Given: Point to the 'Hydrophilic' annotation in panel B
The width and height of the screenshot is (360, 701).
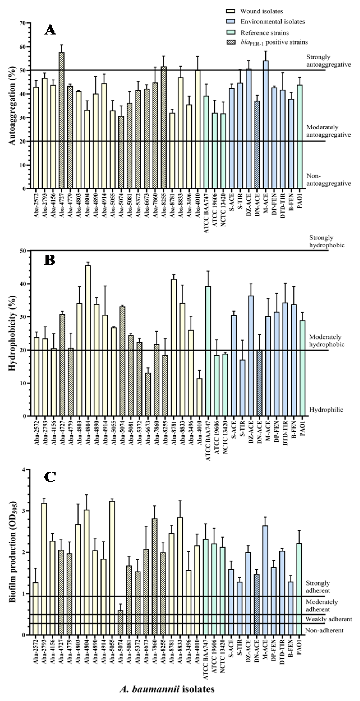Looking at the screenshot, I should point(326,409).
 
